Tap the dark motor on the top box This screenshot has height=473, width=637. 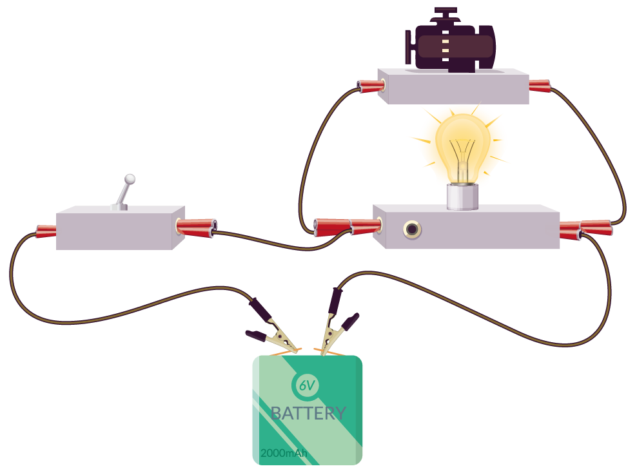click(450, 40)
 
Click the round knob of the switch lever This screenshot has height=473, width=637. click(130, 179)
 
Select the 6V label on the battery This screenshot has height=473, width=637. click(307, 385)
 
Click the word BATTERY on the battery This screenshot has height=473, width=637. click(308, 413)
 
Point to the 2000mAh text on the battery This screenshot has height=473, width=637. click(284, 453)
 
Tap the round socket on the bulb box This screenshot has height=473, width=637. click(412, 229)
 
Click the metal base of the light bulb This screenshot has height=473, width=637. click(462, 197)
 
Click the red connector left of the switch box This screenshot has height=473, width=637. click(46, 231)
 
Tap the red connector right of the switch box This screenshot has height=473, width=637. click(196, 227)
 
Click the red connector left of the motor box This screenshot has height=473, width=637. click(371, 86)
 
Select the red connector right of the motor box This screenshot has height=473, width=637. click(540, 86)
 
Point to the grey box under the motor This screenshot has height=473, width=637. click(453, 86)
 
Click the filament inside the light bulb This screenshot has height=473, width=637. click(462, 159)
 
